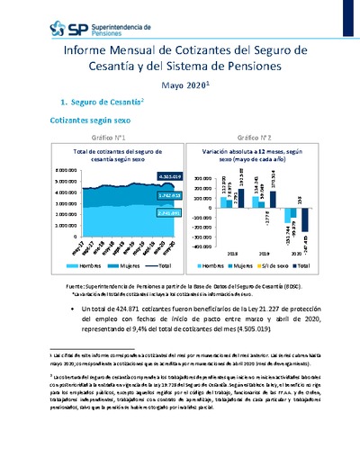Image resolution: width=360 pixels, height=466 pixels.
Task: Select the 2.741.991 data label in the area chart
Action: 144,212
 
